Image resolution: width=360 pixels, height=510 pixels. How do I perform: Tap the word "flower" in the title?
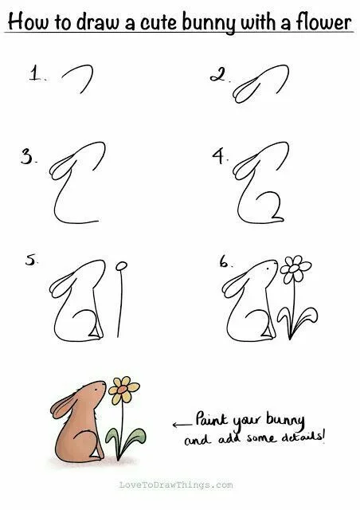pyautogui.click(x=323, y=22)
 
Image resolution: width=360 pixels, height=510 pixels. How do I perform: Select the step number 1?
pyautogui.click(x=35, y=73)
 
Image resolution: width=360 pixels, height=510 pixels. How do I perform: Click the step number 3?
pyautogui.click(x=27, y=157)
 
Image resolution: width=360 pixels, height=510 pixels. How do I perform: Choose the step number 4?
pyautogui.click(x=219, y=156)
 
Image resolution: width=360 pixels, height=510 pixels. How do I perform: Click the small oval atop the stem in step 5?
pyautogui.click(x=122, y=265)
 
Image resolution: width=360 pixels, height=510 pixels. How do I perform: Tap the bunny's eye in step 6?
pyautogui.click(x=268, y=269)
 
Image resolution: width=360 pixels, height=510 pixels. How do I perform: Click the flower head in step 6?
pyautogui.click(x=295, y=269)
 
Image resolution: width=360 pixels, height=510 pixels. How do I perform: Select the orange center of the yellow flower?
pyautogui.click(x=123, y=389)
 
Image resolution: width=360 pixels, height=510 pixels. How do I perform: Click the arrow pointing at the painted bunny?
pyautogui.click(x=182, y=425)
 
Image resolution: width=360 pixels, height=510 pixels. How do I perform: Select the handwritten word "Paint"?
pyautogui.click(x=212, y=419)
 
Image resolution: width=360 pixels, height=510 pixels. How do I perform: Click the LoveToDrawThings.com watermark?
pyautogui.click(x=176, y=485)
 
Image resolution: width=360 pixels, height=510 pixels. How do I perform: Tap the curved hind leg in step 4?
pyautogui.click(x=269, y=206)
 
